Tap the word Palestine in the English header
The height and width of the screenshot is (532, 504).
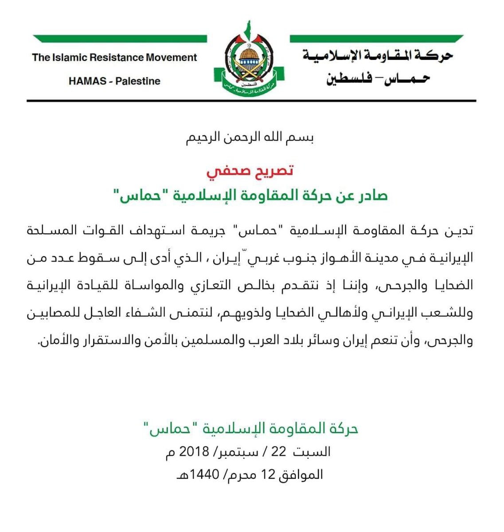138,81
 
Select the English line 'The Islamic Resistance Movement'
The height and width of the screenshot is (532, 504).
114,58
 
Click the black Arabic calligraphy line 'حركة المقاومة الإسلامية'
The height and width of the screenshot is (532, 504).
378,56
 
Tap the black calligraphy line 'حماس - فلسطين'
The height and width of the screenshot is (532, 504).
378,80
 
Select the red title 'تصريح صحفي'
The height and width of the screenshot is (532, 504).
250,171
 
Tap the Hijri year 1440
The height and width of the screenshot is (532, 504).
205,475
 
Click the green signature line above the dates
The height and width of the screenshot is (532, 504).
251,429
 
